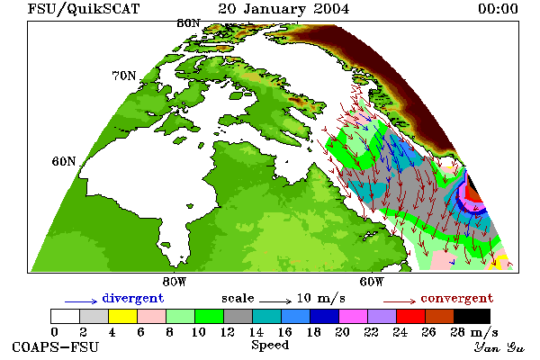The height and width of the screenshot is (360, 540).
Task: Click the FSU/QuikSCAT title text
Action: point(84,9)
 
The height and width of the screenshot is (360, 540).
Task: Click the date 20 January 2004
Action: point(283,9)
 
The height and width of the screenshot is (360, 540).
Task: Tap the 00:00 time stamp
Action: point(498,9)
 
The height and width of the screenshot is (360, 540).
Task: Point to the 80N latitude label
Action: point(188,23)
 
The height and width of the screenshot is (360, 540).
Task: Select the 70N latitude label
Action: point(124,76)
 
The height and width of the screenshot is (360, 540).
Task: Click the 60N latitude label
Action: point(64,161)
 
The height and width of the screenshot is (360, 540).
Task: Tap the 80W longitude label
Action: point(175,282)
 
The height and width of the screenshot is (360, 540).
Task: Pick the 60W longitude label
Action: point(372,282)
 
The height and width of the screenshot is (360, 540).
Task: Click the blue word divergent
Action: point(133,298)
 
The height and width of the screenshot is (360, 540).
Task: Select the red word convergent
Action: point(457,298)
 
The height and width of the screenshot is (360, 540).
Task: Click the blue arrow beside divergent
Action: point(81,301)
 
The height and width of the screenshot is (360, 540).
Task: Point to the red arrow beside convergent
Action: point(400,301)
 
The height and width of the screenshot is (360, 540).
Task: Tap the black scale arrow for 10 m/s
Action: point(275,301)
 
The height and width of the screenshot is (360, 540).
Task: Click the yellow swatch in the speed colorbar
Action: point(123,316)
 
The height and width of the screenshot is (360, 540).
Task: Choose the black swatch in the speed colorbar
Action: point(472,316)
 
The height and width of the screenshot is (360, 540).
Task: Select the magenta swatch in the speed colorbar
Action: point(354,316)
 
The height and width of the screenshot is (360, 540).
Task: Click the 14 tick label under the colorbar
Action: point(256,332)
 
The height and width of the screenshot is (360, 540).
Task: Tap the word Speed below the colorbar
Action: point(270,346)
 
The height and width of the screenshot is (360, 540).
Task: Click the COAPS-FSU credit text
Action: point(55,346)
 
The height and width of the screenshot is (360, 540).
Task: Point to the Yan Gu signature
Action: point(499,347)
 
